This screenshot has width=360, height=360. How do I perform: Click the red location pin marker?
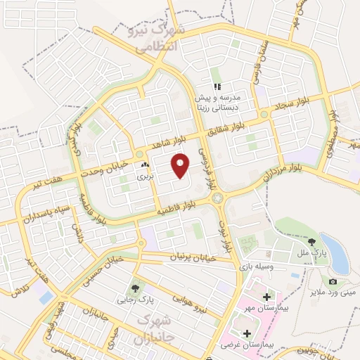pos(181,165)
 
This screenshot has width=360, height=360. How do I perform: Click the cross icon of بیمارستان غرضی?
pos(246,333)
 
